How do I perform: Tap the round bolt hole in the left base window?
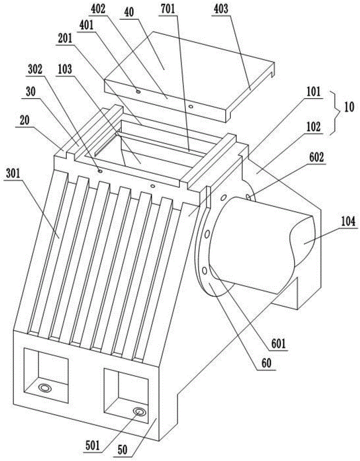45,388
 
